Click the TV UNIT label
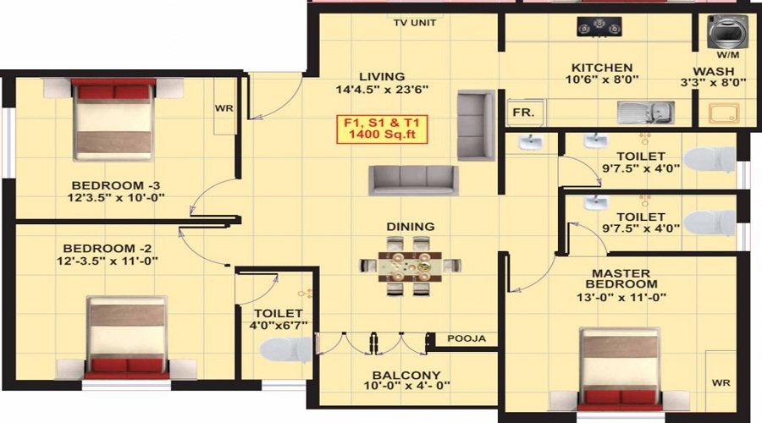[x=415, y=23]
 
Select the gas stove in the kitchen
[x=599, y=27]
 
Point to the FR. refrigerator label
[x=519, y=112]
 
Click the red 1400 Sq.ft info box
[x=382, y=128]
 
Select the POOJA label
[x=467, y=339]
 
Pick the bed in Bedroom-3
[x=114, y=118]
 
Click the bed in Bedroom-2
[x=127, y=336]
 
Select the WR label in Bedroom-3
[x=224, y=109]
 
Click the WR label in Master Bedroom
[x=721, y=382]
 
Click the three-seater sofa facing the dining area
[x=412, y=179]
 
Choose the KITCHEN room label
[x=601, y=68]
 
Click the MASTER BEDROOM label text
[x=621, y=278]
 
